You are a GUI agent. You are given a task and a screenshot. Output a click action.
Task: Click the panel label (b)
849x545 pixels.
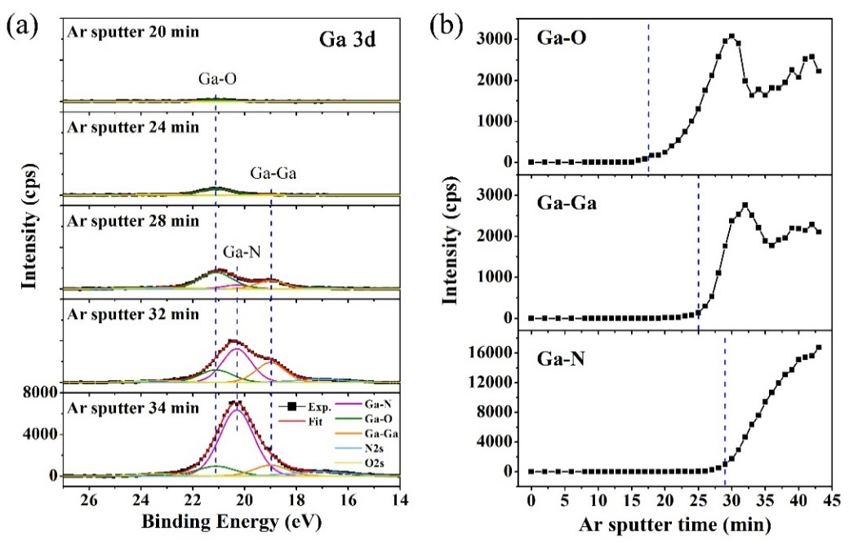(448, 22)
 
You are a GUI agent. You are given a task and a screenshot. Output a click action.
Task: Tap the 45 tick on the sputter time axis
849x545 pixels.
(830, 497)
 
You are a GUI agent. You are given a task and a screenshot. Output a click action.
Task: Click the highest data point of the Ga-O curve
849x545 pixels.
(731, 37)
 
